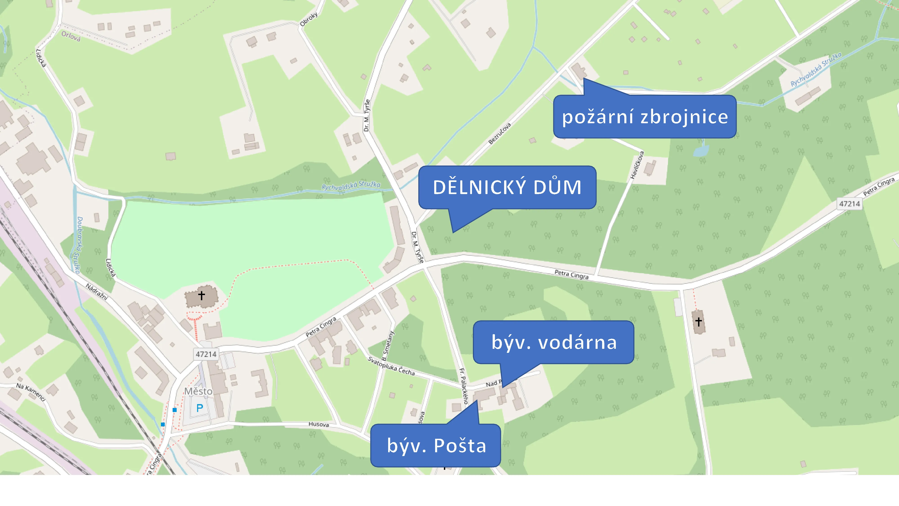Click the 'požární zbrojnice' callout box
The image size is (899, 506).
pos(645,117)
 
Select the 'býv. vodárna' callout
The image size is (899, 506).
pos(554,342)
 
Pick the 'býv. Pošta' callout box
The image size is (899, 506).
pos(436,446)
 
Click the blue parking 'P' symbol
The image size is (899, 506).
pos(200,408)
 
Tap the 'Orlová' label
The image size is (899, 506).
pos(71,36)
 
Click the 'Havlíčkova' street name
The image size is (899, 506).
pos(637,165)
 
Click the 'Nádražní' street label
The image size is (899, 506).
pos(97,292)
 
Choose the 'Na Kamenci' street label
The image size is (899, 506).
pos(31,392)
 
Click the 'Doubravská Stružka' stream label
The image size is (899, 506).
pos(78,244)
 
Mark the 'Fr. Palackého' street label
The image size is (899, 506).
pos(463,386)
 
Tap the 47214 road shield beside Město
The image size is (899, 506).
pos(206,354)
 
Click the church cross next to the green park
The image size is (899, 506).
pos(201,296)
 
